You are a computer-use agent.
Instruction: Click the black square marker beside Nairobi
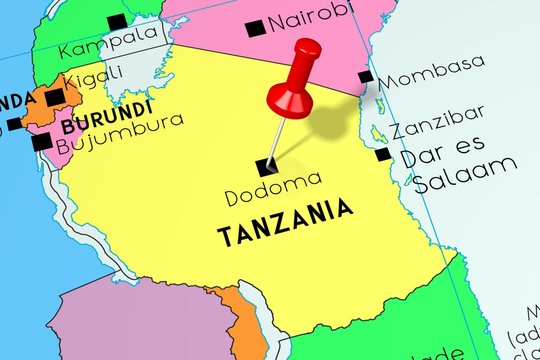coord(255,25)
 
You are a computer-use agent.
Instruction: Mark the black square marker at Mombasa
coord(366,77)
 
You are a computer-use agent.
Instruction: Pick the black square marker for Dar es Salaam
coord(384,154)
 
